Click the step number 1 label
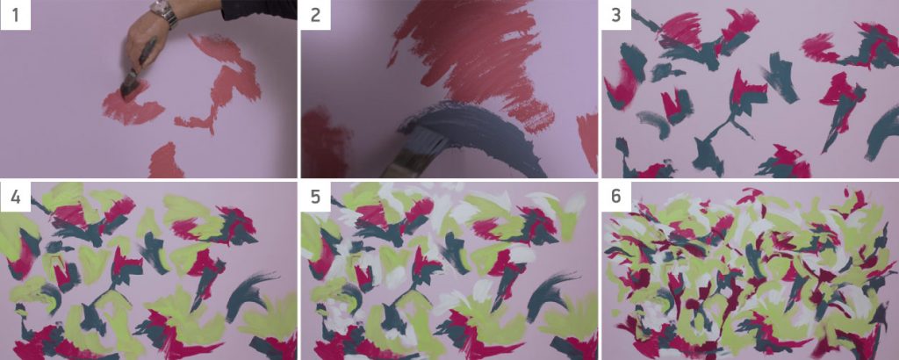click(15, 14)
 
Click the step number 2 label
click(315, 14)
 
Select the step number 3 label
click(616, 14)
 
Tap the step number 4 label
click(15, 197)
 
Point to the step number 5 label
click(315, 197)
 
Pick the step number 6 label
click(616, 197)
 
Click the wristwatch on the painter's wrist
click(164, 12)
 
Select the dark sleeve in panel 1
click(259, 10)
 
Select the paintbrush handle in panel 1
click(147, 54)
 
